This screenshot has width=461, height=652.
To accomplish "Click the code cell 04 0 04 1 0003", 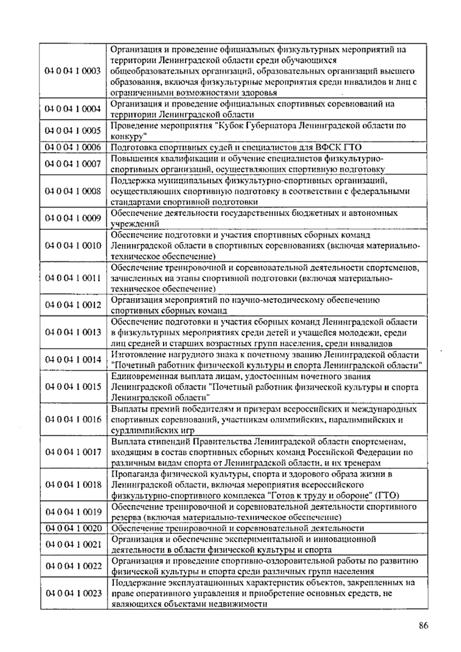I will point(73,71).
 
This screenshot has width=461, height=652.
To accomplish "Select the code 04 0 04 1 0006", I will point(73,147).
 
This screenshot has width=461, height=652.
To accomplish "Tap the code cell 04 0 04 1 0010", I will point(73,246).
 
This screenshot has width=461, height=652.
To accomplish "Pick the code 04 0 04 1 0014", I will point(73,360).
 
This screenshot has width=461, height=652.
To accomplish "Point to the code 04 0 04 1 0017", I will point(73,452).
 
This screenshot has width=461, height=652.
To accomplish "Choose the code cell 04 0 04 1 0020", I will point(73,528).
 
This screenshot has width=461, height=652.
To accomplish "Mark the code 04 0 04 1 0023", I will point(73,594).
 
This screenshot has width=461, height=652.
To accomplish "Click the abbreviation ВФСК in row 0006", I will point(323,147).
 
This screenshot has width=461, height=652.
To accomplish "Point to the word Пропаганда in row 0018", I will point(131,474).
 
